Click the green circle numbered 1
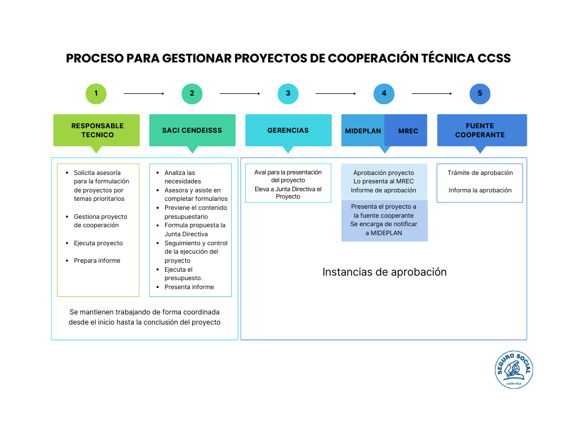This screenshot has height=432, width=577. (x=96, y=93)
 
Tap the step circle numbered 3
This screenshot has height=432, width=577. (x=288, y=93)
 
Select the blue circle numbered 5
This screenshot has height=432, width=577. (x=480, y=93)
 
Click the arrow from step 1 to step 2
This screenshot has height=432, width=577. (x=144, y=93)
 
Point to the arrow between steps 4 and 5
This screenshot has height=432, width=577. (x=432, y=93)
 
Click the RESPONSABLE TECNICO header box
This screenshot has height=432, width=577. (x=97, y=130)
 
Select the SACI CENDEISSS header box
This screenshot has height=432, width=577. (x=192, y=130)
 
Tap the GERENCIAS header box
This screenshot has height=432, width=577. (x=288, y=130)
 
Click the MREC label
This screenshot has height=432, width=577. (x=408, y=131)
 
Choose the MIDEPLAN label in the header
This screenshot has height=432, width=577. (x=363, y=131)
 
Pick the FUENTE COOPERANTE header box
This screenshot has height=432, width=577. (x=480, y=130)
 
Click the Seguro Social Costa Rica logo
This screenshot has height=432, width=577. (x=513, y=370)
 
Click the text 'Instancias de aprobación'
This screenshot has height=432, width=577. (x=384, y=272)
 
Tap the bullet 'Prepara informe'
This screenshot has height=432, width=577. (x=97, y=260)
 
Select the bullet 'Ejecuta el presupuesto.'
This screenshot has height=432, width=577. (x=183, y=274)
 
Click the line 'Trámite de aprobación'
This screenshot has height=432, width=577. (x=480, y=173)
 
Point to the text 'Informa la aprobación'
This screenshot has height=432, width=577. (x=480, y=190)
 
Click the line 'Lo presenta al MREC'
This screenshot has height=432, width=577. (x=384, y=181)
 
